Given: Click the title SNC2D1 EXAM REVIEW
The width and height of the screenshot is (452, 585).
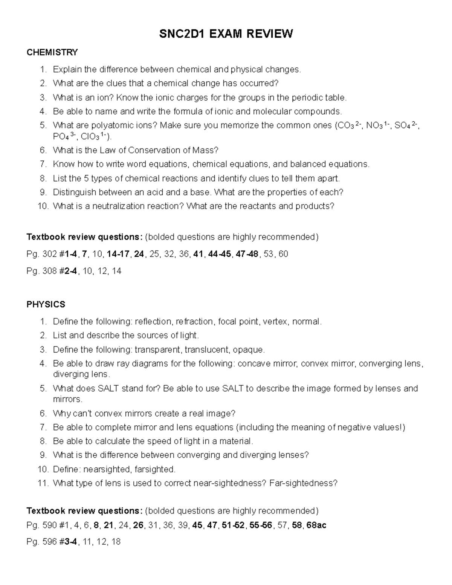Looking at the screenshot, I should click(x=226, y=34).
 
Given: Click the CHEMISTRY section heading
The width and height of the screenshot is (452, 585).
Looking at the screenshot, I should click(x=52, y=52).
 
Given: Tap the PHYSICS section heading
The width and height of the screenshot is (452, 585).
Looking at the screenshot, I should click(x=46, y=304).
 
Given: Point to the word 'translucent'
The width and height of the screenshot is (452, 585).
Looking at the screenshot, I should click(x=207, y=350).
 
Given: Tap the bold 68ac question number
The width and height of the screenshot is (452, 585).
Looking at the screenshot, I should click(x=316, y=525).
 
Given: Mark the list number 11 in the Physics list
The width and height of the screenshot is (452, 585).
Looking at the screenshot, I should click(x=43, y=483).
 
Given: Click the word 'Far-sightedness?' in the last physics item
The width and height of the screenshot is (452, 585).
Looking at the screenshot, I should click(x=304, y=483).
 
